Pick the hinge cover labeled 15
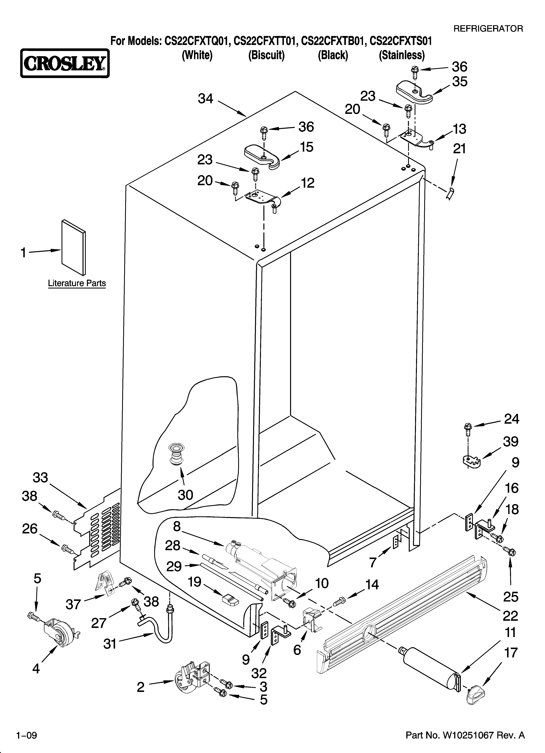coord(262,155)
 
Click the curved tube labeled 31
coord(159,627)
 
